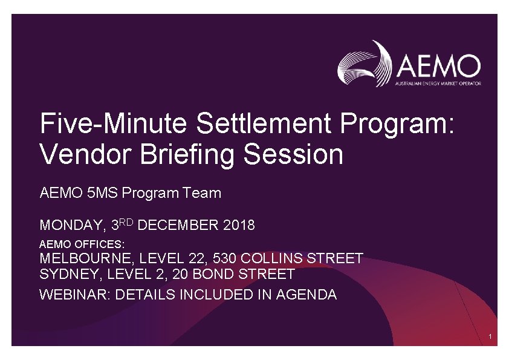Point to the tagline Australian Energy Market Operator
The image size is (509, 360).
[x=438, y=83]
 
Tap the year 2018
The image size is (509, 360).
[x=239, y=226]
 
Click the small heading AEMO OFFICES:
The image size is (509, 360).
[x=82, y=244]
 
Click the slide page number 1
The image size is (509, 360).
[x=490, y=336]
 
